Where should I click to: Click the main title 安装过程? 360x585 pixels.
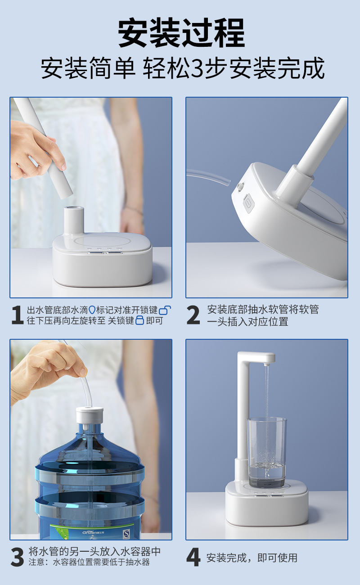tap(181, 33)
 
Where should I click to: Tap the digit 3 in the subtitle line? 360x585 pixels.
tap(198, 68)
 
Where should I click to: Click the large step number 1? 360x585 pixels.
tap(18, 315)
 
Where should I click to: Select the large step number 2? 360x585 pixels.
tap(193, 315)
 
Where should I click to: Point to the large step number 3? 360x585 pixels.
tap(17, 557)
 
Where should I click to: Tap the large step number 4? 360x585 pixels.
tap(193, 557)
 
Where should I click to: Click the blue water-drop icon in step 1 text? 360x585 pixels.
tap(92, 310)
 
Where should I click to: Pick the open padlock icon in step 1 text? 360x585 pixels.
tap(165, 310)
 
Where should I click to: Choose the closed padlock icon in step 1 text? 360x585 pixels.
tap(140, 320)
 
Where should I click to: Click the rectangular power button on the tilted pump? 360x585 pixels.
tap(247, 201)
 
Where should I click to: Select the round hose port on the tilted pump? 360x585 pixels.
tap(239, 187)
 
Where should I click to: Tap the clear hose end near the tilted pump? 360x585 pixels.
tap(228, 182)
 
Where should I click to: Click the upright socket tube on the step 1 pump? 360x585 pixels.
tap(74, 220)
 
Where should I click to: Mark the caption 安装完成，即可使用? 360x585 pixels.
tap(252, 557)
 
